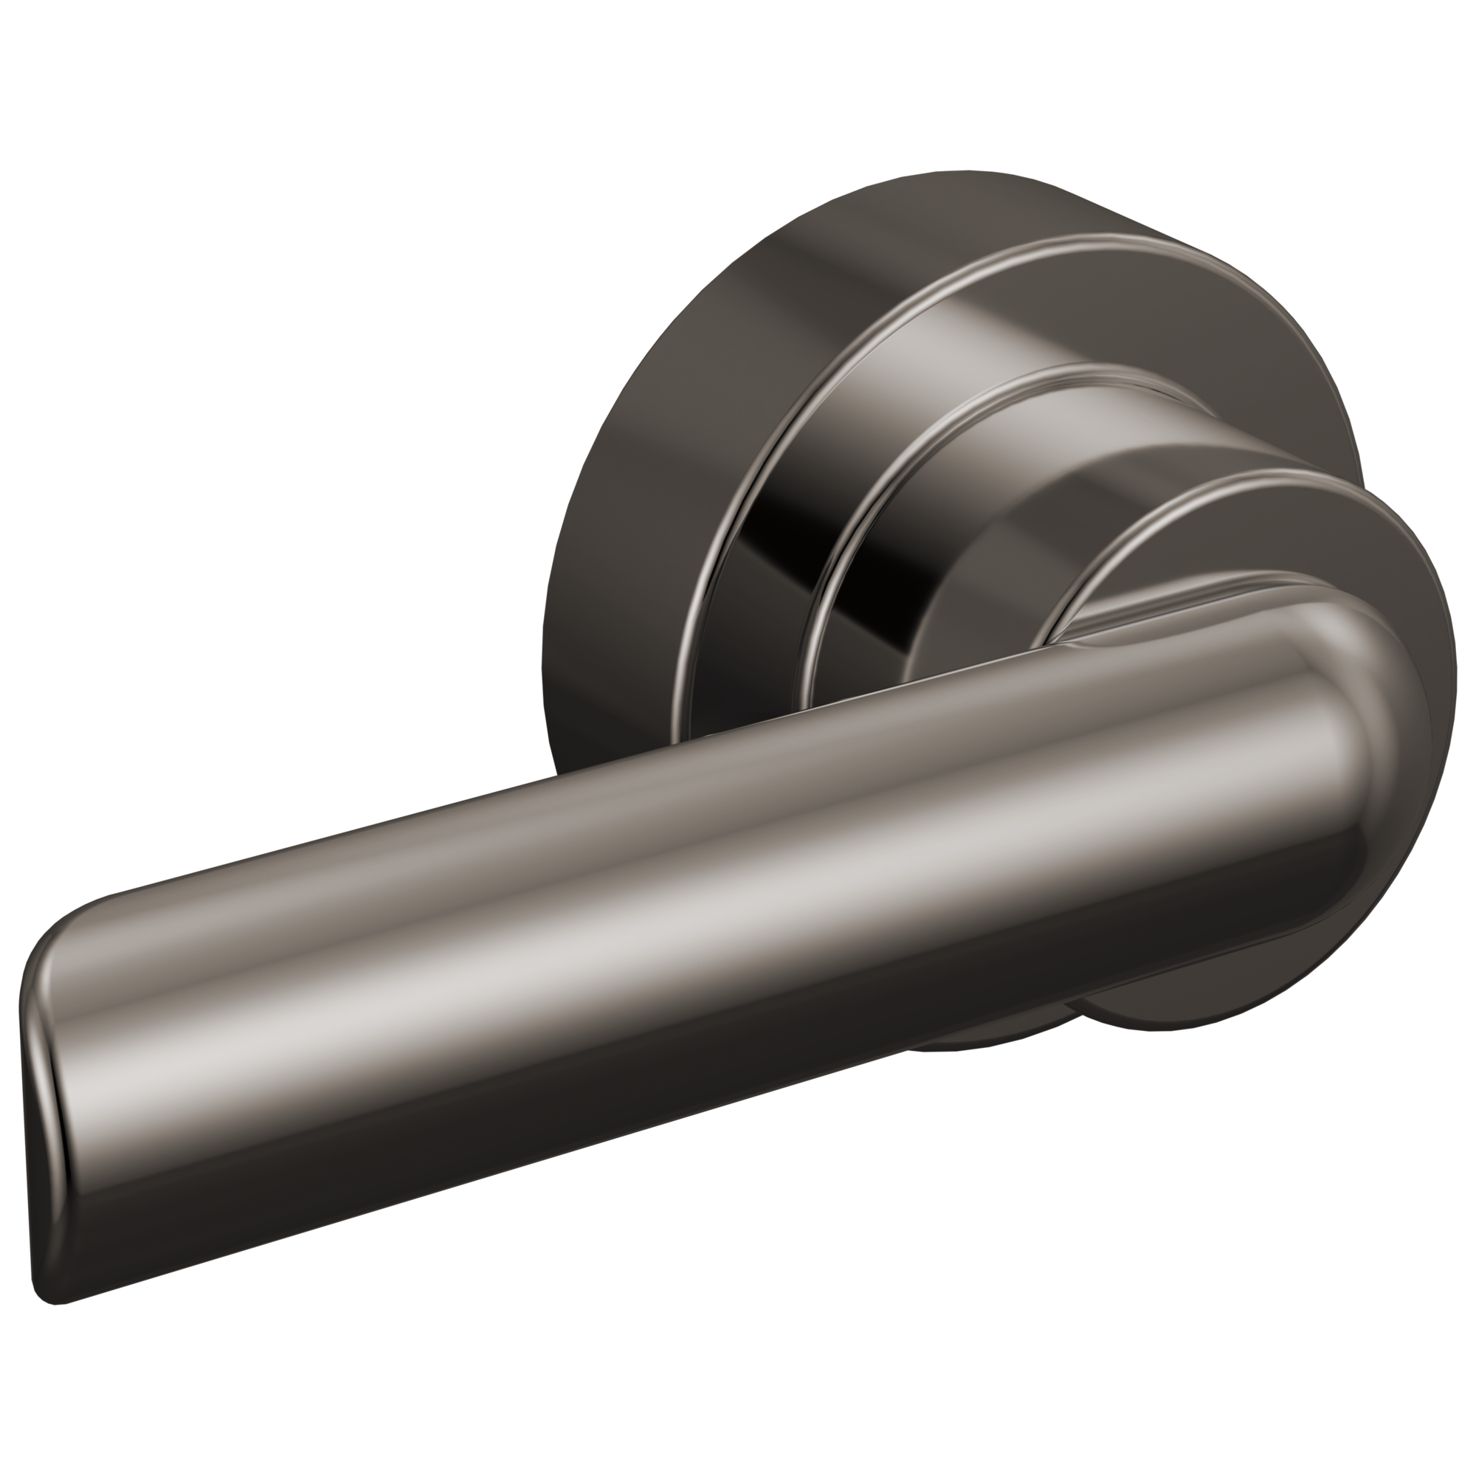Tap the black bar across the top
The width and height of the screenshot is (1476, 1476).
(738, 84)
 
